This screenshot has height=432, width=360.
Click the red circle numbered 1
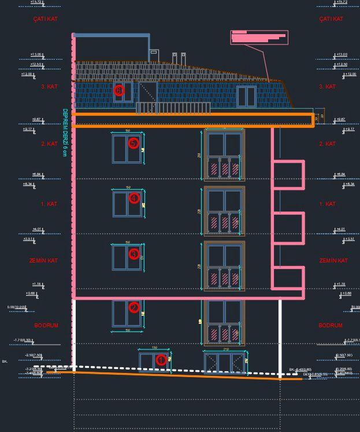coord(161,360)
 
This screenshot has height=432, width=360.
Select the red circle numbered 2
coord(134,308)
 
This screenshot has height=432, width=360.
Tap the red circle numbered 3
coord(134,254)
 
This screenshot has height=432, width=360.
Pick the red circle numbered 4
coord(134,198)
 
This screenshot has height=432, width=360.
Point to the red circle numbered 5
coord(134,142)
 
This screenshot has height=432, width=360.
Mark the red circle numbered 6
coord(119,90)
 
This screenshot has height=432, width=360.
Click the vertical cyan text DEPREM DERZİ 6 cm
coord(65,132)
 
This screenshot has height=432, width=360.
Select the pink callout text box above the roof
coord(258,37)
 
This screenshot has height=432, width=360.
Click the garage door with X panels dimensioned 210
coord(224,363)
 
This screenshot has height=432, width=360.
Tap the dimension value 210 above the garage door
coord(224,350)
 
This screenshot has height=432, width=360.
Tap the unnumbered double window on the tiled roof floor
coord(246,96)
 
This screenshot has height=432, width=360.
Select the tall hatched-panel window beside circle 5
coord(224,154)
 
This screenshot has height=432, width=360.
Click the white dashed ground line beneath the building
coord(173,369)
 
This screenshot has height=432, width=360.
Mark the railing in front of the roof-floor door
coord(173,108)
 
